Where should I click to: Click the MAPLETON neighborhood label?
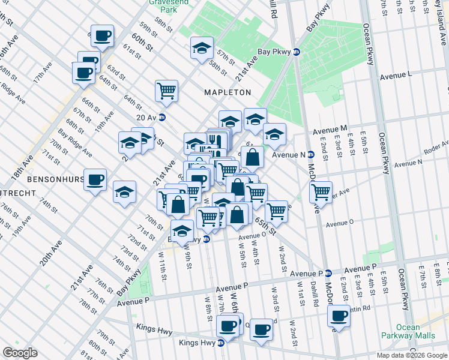click(227, 92)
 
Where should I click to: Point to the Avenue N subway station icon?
click(310, 154)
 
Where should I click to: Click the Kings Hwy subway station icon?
click(220, 343)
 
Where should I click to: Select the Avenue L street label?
click(396, 77)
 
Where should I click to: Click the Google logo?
click(20, 352)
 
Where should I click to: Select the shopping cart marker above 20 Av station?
click(166, 91)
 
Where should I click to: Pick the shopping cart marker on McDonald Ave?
click(321, 192)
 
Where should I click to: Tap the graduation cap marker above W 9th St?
click(182, 230)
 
